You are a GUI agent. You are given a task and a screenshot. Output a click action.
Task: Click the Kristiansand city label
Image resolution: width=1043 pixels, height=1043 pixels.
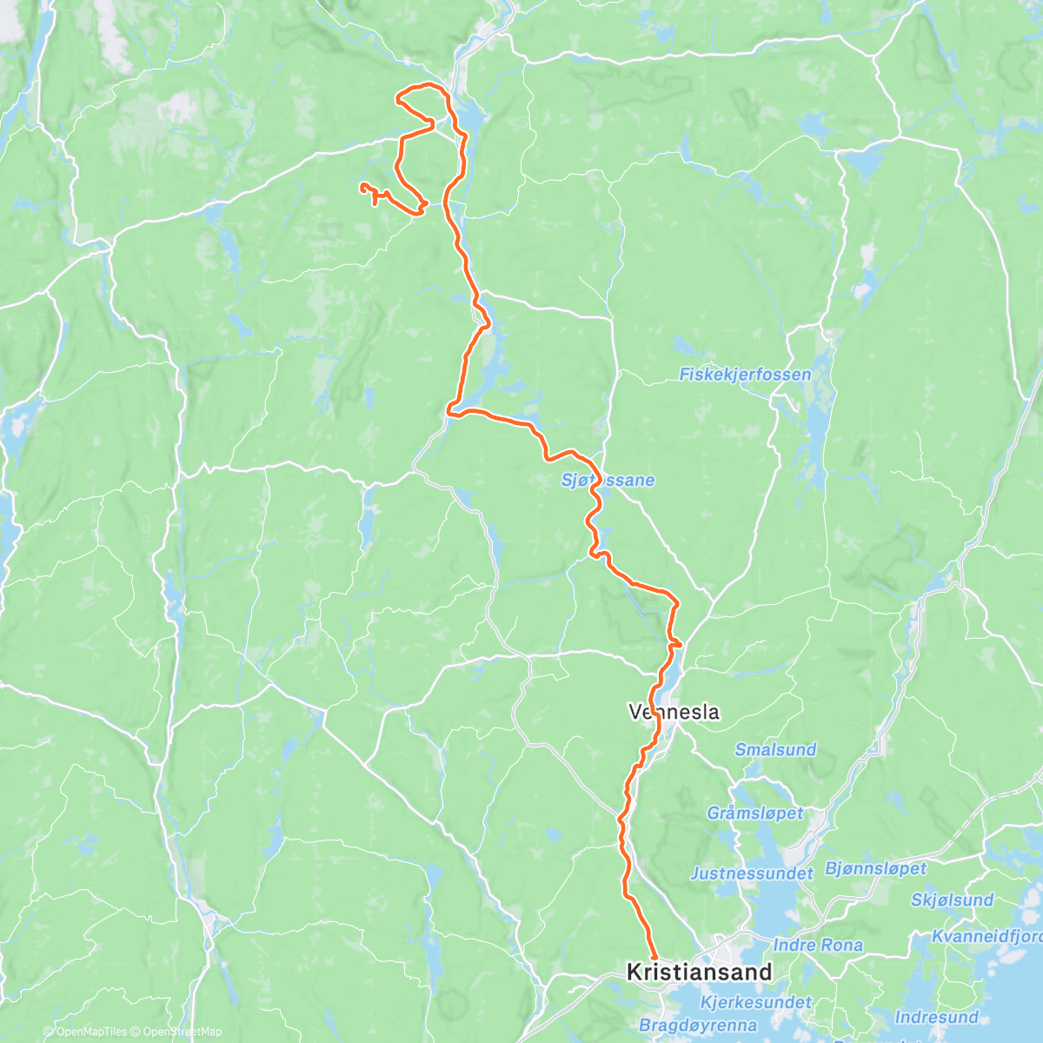[x=700, y=972]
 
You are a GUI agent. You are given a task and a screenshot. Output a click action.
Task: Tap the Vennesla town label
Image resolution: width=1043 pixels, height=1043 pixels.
[x=674, y=712]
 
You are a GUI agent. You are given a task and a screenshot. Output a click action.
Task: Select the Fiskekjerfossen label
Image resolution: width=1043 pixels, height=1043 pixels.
[x=745, y=375]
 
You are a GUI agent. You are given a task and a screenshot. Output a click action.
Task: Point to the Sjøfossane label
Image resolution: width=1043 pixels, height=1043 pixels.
[x=608, y=481]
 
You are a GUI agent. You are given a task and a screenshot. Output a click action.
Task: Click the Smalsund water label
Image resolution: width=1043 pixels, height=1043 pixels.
[x=775, y=749]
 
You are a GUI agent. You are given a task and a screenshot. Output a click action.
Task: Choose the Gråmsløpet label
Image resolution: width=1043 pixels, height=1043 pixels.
[x=754, y=814]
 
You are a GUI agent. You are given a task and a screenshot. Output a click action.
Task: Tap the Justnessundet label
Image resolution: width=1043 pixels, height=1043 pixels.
[x=752, y=874]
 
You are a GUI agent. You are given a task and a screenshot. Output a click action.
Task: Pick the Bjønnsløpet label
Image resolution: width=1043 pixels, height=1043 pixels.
[x=875, y=868]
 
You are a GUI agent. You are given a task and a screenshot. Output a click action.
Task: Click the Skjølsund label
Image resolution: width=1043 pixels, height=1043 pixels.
[x=952, y=900]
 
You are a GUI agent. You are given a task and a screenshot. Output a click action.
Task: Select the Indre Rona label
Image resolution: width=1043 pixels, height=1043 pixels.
[x=818, y=945]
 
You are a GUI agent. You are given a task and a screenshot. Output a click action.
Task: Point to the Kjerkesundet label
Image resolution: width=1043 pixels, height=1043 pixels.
[x=755, y=1002]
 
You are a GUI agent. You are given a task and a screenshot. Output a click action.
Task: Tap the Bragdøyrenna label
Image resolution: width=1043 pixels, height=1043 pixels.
[x=698, y=1026]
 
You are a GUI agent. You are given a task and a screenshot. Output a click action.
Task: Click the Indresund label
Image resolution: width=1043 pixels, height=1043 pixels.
[x=937, y=1017]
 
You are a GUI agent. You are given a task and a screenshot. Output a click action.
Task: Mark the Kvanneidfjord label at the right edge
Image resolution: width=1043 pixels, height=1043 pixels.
[x=987, y=936]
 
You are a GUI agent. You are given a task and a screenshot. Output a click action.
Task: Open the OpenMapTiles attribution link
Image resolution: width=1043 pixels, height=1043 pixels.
[x=85, y=1033]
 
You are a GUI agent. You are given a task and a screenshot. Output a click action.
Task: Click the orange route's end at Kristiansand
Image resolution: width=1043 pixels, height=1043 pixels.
[x=654, y=958]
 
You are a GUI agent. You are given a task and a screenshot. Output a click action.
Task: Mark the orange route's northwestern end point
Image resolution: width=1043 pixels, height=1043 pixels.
[x=362, y=185]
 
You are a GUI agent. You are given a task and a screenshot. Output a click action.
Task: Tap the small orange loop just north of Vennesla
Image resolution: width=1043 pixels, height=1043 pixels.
[x=675, y=642]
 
